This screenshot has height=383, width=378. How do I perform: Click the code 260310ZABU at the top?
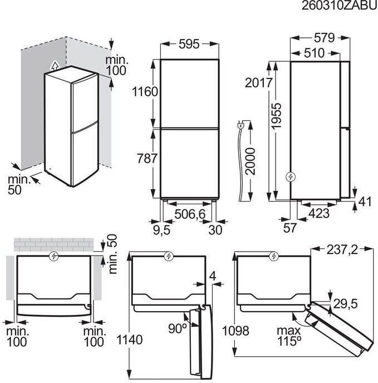point(340,6)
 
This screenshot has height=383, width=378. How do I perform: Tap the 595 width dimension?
point(189,44)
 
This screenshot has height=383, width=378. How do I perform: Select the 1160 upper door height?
point(145,92)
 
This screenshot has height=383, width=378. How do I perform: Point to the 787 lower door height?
point(146,158)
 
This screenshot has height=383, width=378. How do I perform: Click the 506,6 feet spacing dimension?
point(190,214)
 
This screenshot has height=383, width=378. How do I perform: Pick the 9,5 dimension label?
point(162,230)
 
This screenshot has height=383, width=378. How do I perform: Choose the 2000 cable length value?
point(251,161)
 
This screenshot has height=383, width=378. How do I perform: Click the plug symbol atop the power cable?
point(240,126)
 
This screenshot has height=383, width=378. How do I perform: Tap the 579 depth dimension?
point(324,38)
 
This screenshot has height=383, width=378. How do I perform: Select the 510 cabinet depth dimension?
point(314,53)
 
